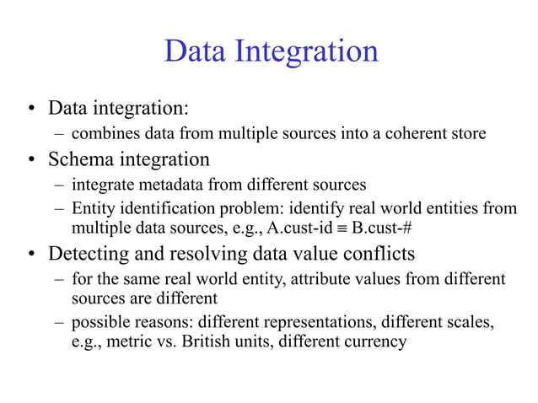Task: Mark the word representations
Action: click(316, 322)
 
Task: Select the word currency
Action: click(374, 342)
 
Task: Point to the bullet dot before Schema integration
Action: click(30, 159)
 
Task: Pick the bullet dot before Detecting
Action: click(30, 254)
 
